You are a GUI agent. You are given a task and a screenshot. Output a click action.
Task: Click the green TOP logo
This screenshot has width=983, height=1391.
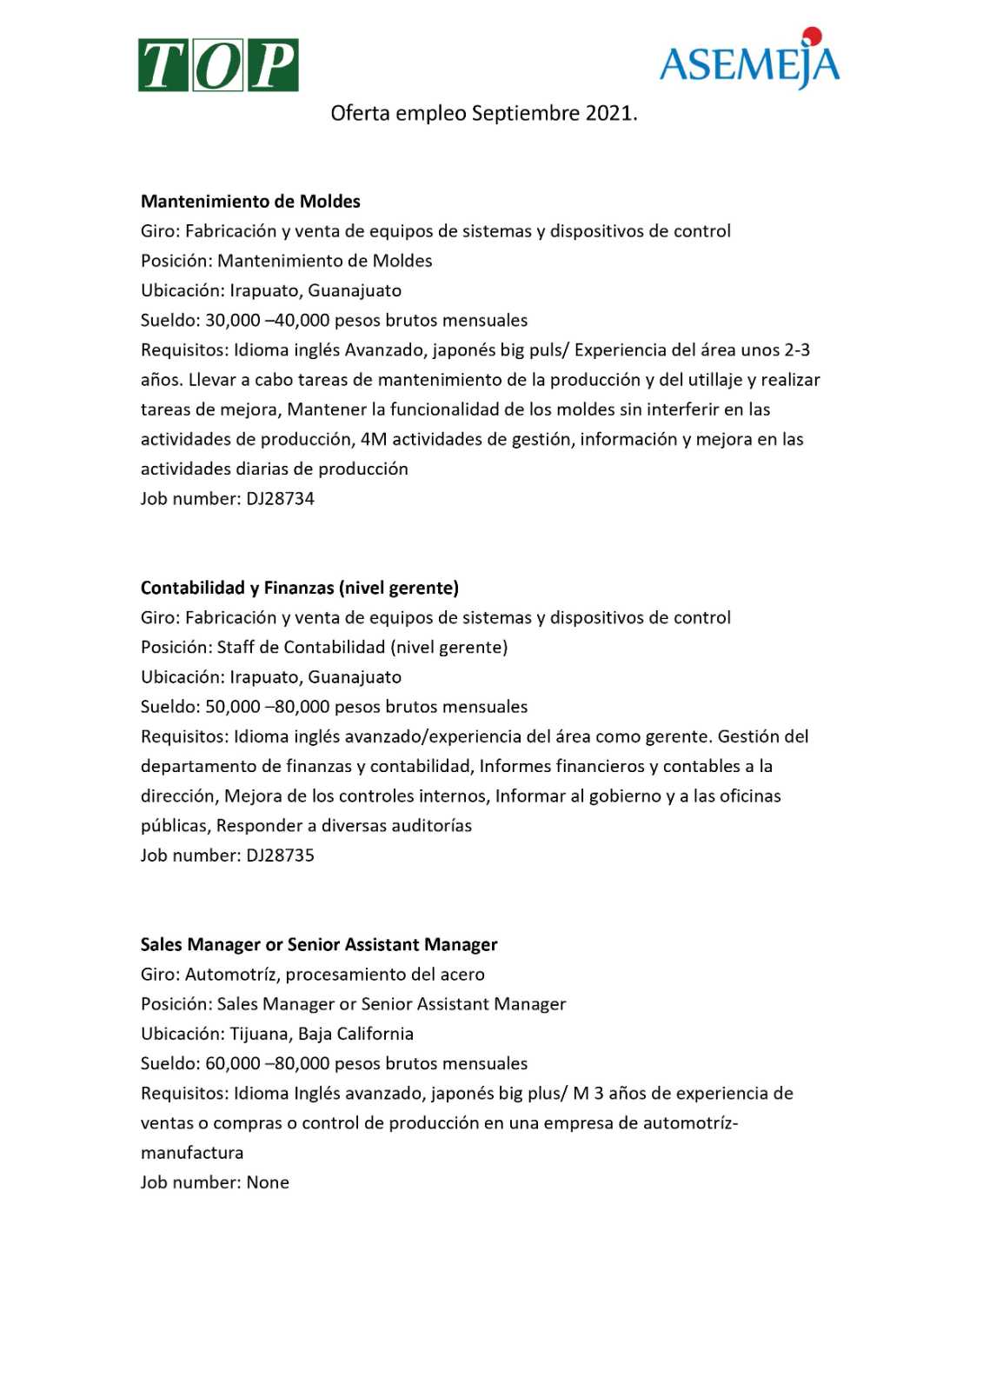pyautogui.click(x=218, y=65)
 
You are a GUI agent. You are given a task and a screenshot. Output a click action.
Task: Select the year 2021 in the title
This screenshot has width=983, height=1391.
pyautogui.click(x=610, y=113)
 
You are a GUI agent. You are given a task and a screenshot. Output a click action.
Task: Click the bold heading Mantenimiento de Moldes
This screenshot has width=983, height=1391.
pyautogui.click(x=250, y=202)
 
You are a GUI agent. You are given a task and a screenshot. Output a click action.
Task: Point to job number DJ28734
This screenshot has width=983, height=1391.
pyautogui.click(x=280, y=499)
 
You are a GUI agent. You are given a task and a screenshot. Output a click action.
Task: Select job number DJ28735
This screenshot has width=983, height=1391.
pyautogui.click(x=280, y=855)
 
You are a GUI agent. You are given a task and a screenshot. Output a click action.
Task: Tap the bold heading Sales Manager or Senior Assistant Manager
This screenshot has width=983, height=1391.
pyautogui.click(x=319, y=945)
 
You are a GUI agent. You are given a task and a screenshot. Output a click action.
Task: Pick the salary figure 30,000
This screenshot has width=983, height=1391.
pyautogui.click(x=233, y=321)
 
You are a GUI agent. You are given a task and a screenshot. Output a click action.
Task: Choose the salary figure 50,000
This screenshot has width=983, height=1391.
pyautogui.click(x=233, y=707)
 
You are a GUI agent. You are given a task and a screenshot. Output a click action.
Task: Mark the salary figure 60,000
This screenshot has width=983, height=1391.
pyautogui.click(x=233, y=1063)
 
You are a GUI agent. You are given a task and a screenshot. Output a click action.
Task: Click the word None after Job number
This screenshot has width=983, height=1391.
pyautogui.click(x=268, y=1182)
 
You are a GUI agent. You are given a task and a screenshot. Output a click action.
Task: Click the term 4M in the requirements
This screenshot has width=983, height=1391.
pyautogui.click(x=374, y=439)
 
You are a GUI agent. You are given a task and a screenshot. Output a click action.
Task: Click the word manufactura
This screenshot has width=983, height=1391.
pyautogui.click(x=192, y=1153)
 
